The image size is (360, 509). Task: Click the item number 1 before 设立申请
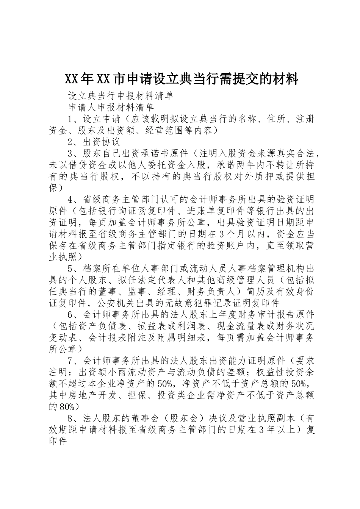coord(70,120)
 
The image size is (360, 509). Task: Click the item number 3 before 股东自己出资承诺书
coord(70,154)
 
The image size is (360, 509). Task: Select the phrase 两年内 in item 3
coord(247,166)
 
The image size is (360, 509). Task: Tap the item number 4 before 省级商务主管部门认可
coord(70,200)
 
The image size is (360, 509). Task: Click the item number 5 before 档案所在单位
coord(70,269)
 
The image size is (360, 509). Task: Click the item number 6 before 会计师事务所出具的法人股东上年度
coord(70,315)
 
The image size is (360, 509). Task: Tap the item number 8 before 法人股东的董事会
coord(70,418)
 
